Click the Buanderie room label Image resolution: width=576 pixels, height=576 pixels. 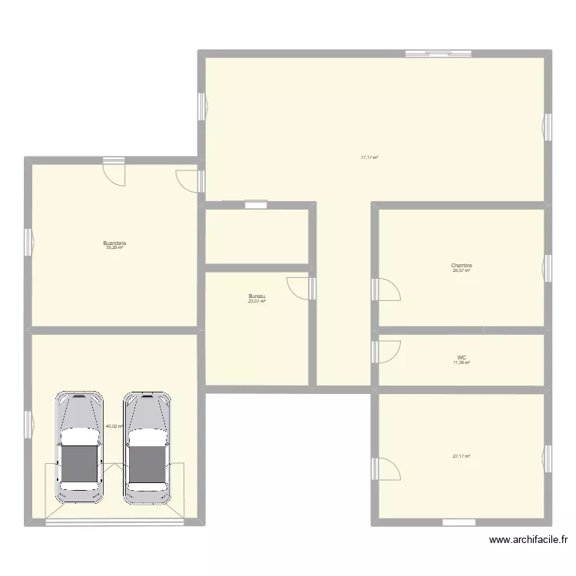tap(114, 243)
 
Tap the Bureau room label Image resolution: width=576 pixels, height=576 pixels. tap(257, 296)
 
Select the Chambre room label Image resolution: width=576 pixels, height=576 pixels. tap(462, 266)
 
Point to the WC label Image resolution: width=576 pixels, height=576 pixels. tap(462, 357)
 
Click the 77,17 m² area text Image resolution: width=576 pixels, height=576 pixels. tap(369, 157)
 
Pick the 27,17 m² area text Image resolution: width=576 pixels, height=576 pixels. tap(461, 456)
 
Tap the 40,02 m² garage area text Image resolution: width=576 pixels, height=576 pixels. tap(114, 426)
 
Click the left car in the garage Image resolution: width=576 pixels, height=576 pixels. tap(79, 448)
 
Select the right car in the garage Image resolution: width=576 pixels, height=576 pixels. tap(147, 448)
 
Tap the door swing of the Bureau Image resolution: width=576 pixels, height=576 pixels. tap(299, 287)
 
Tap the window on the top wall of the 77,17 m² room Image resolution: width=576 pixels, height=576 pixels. tap(429, 54)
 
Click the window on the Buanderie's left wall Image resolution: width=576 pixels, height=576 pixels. tap(28, 243)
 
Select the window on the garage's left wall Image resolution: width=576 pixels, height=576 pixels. tap(28, 422)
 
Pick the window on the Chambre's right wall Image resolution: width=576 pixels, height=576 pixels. tap(548, 266)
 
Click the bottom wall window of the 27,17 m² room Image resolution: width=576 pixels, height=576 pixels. tap(459, 522)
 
